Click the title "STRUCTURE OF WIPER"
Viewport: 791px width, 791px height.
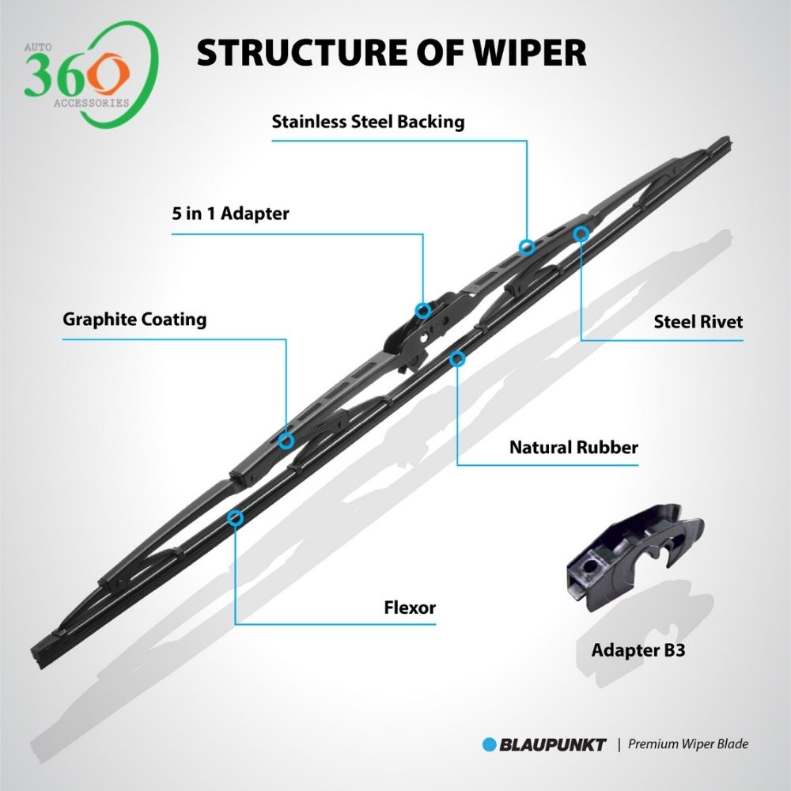tap(392, 53)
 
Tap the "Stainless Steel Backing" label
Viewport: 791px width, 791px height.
tap(368, 123)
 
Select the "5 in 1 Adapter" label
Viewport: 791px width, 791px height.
tap(231, 214)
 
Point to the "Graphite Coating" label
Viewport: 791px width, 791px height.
tap(134, 320)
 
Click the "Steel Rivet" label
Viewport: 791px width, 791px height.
tap(698, 322)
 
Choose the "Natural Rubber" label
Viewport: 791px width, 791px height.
tap(573, 448)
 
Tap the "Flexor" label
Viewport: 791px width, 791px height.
tap(410, 608)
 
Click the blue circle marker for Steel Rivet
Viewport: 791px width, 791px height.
tap(581, 233)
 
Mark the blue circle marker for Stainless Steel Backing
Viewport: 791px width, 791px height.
tap(526, 247)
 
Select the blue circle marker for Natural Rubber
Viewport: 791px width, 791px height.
tap(456, 359)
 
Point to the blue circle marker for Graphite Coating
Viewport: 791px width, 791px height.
tap(286, 441)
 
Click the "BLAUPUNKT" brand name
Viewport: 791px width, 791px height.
tap(553, 744)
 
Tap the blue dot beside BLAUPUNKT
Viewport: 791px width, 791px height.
tap(489, 744)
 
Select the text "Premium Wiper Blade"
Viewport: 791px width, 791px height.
tap(688, 744)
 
